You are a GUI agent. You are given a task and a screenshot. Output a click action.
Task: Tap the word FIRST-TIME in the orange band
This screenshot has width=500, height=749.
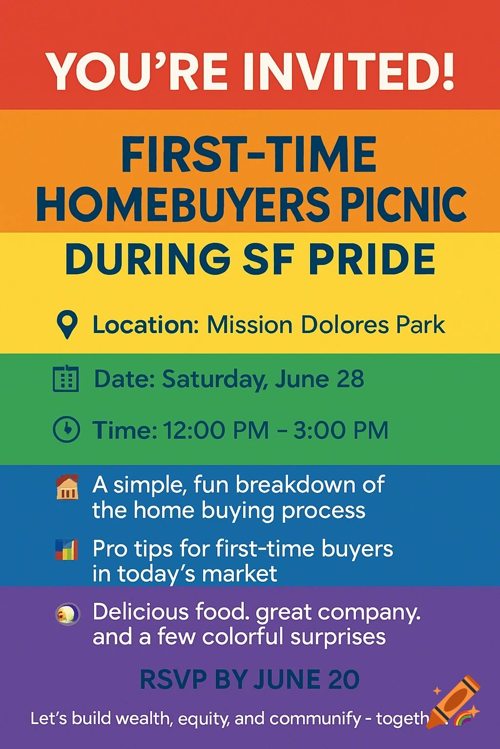(249, 155)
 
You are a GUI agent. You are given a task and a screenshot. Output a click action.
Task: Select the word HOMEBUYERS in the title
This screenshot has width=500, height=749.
(183, 204)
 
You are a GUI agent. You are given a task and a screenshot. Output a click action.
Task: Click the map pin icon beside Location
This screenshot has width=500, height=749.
(67, 324)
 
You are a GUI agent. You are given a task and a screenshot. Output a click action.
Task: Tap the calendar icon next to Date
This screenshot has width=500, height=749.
(65, 379)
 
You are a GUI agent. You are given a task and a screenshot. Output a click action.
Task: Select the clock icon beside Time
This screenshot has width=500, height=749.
(66, 429)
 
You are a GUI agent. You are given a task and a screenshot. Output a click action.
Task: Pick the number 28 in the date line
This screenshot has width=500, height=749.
(350, 379)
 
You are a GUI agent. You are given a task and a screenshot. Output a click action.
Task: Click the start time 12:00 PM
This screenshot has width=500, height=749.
(215, 430)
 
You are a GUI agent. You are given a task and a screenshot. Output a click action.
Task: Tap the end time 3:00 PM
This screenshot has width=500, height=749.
(340, 430)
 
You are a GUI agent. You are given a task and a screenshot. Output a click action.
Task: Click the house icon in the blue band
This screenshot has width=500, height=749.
(67, 487)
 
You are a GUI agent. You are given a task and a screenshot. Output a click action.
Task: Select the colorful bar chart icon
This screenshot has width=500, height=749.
(66, 550)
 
